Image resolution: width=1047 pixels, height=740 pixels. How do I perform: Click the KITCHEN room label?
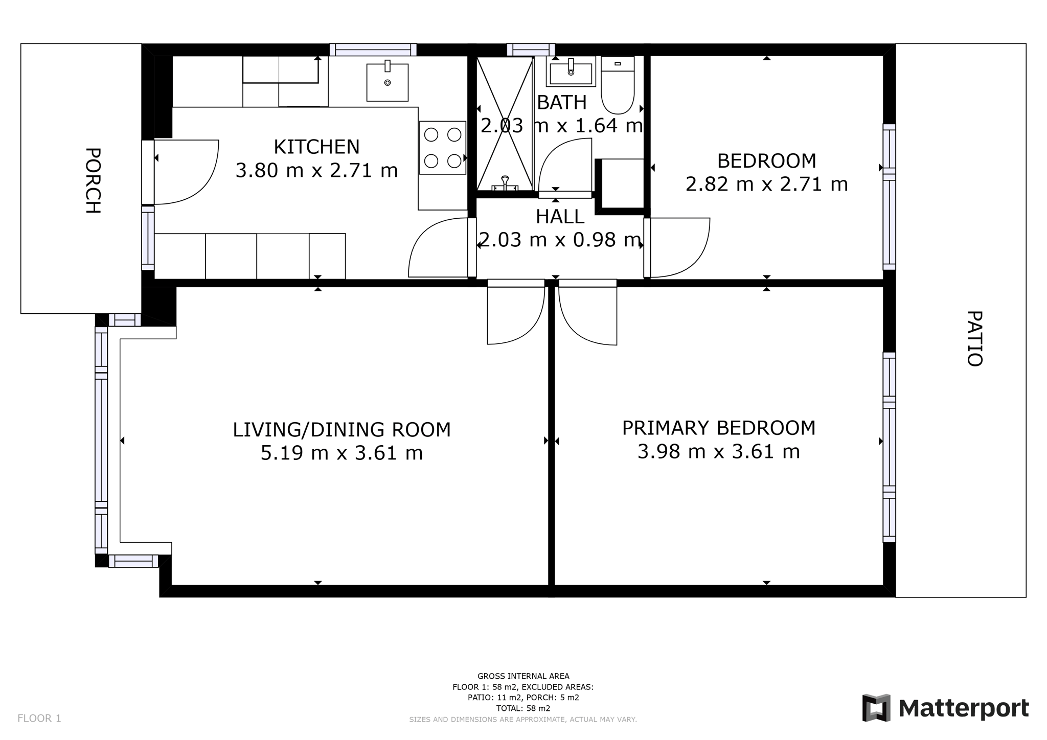click(x=316, y=147)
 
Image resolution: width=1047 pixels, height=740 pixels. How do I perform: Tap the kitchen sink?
click(x=388, y=82)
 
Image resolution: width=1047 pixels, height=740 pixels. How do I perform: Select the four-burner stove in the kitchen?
click(x=443, y=148)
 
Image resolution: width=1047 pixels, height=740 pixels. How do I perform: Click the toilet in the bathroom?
click(x=618, y=85)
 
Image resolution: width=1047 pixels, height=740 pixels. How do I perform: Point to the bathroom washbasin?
click(x=571, y=71)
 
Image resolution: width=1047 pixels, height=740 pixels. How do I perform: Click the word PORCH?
click(x=93, y=180)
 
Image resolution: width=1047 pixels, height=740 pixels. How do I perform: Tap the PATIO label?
click(x=974, y=338)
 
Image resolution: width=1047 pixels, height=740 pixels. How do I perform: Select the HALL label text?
click(x=560, y=217)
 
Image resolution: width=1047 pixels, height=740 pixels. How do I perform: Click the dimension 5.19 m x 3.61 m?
click(x=342, y=453)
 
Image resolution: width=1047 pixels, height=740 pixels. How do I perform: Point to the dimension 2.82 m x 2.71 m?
click(x=766, y=184)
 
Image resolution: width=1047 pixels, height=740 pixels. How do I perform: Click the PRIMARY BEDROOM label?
click(x=718, y=428)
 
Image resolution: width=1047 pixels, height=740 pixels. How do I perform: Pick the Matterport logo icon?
click(x=876, y=708)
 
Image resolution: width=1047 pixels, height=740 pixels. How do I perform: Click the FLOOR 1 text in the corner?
click(x=39, y=719)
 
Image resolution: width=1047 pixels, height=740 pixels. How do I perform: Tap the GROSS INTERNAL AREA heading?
click(x=523, y=676)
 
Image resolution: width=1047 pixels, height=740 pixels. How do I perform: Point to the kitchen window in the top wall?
click(x=373, y=50)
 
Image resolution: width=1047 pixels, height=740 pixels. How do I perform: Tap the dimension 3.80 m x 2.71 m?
click(x=316, y=171)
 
